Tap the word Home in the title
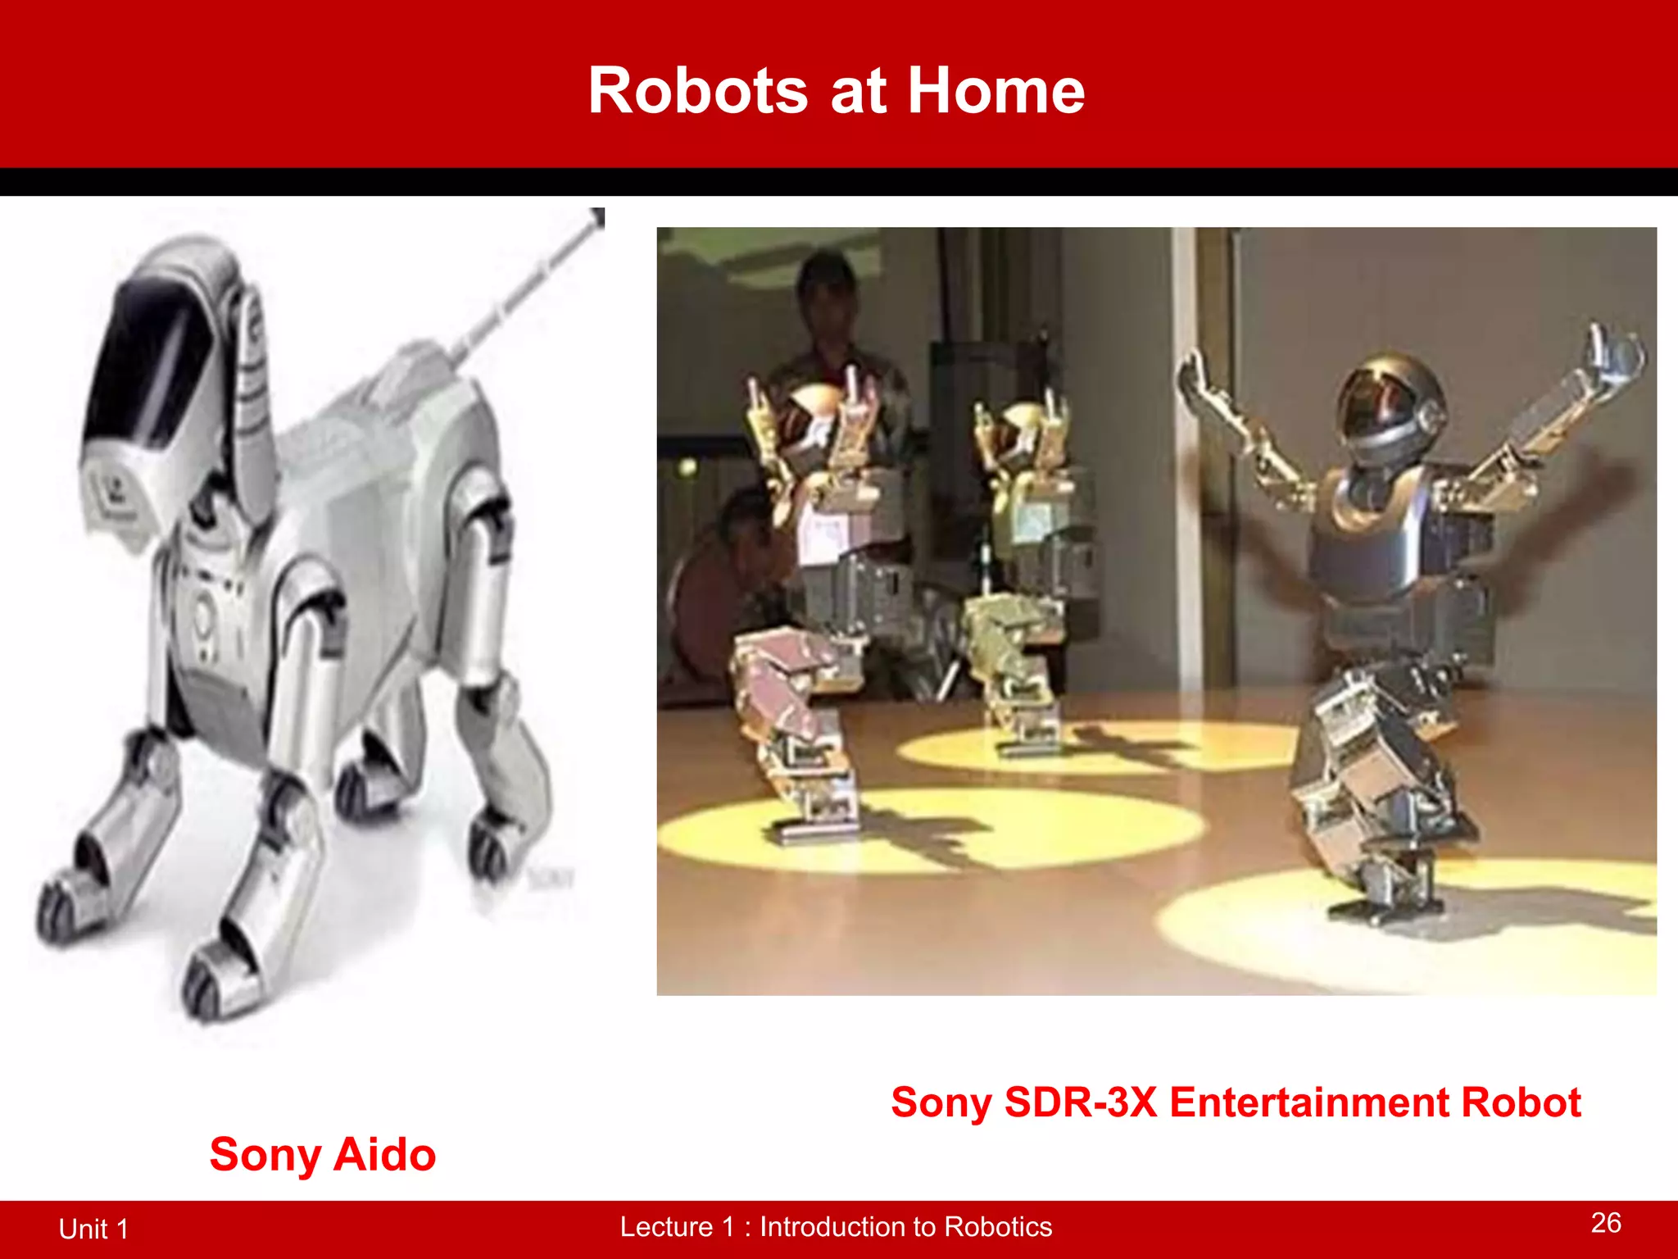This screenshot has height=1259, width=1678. click(995, 90)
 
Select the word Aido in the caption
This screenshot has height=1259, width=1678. click(384, 1154)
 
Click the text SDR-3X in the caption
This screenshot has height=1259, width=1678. click(1081, 1102)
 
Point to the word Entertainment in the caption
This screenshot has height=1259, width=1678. click(1309, 1102)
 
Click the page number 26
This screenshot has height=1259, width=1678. click(1606, 1222)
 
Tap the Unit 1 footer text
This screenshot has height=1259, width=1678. click(93, 1229)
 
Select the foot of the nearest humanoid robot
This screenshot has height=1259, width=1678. click(1385, 906)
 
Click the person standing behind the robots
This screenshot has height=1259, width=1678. click(828, 328)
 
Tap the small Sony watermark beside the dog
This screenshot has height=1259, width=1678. click(551, 879)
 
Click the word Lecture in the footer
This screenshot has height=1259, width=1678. click(666, 1226)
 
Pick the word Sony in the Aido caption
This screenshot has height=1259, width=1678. click(265, 1154)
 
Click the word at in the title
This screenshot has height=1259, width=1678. click(858, 90)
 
